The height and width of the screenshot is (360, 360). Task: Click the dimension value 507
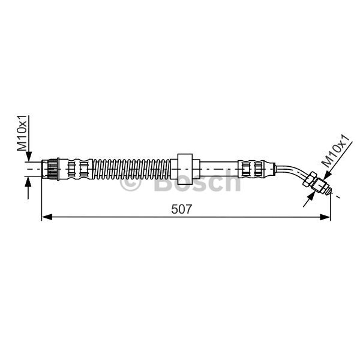click(x=181, y=209)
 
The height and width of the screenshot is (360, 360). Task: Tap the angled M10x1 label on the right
click(x=337, y=151)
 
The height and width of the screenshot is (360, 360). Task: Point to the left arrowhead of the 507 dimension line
click(x=47, y=217)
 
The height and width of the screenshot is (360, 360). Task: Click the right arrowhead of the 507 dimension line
click(x=325, y=217)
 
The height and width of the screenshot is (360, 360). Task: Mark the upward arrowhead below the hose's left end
click(x=28, y=182)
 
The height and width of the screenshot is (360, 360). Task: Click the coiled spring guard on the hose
click(x=132, y=169)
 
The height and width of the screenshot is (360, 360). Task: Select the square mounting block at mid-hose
click(x=185, y=169)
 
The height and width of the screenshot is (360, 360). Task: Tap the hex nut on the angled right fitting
click(x=309, y=179)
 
